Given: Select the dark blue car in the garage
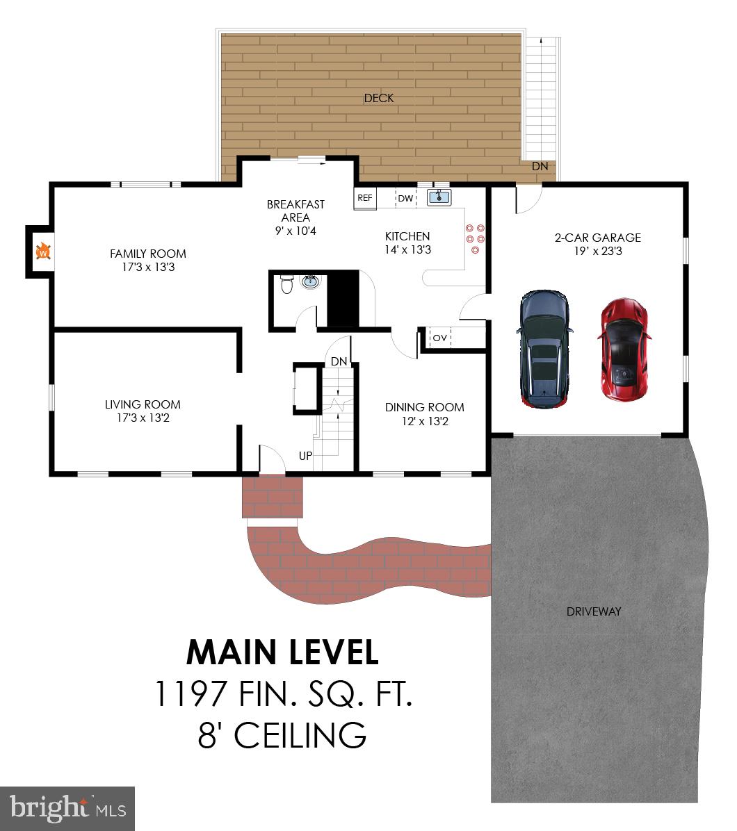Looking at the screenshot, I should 546,349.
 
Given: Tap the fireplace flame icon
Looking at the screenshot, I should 43,252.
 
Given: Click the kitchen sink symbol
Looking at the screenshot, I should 439,197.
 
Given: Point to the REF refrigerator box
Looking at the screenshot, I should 365,198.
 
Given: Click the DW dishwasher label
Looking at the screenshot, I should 405,199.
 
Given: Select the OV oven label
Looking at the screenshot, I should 440,338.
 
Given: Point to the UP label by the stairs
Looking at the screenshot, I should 305,456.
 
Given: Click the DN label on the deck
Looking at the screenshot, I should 540,167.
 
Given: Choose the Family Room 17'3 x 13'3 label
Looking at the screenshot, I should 148,260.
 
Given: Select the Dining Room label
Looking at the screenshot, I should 424,407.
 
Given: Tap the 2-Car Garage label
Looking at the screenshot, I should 597,238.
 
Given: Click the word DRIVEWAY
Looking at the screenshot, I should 593,611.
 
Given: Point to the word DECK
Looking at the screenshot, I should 379,98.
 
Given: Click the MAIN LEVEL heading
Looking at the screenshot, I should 283,652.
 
